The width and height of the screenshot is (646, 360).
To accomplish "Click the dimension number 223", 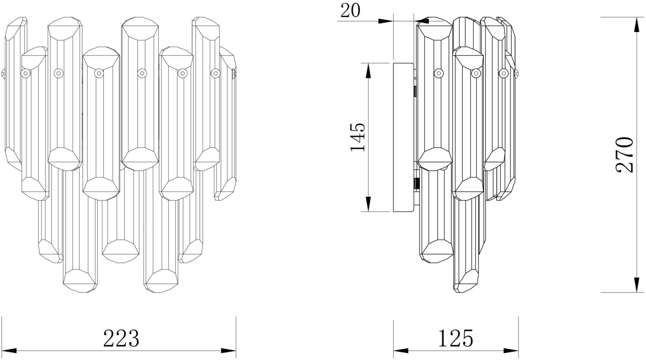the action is click(121, 338).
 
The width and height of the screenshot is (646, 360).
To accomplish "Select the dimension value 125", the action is click(456, 338).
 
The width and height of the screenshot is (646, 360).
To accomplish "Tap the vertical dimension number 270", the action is click(624, 155).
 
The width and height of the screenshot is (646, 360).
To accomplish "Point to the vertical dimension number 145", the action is click(358, 137).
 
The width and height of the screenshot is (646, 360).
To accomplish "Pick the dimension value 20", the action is click(350, 11).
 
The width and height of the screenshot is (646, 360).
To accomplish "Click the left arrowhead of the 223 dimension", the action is click(9, 351).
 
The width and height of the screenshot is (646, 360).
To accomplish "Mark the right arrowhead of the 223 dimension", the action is click(229, 351).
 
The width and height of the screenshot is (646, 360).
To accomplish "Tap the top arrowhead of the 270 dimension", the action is click(636, 25).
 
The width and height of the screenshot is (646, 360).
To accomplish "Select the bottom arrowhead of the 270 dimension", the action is click(636, 285).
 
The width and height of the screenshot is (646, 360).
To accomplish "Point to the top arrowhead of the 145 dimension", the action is click(368, 70).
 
